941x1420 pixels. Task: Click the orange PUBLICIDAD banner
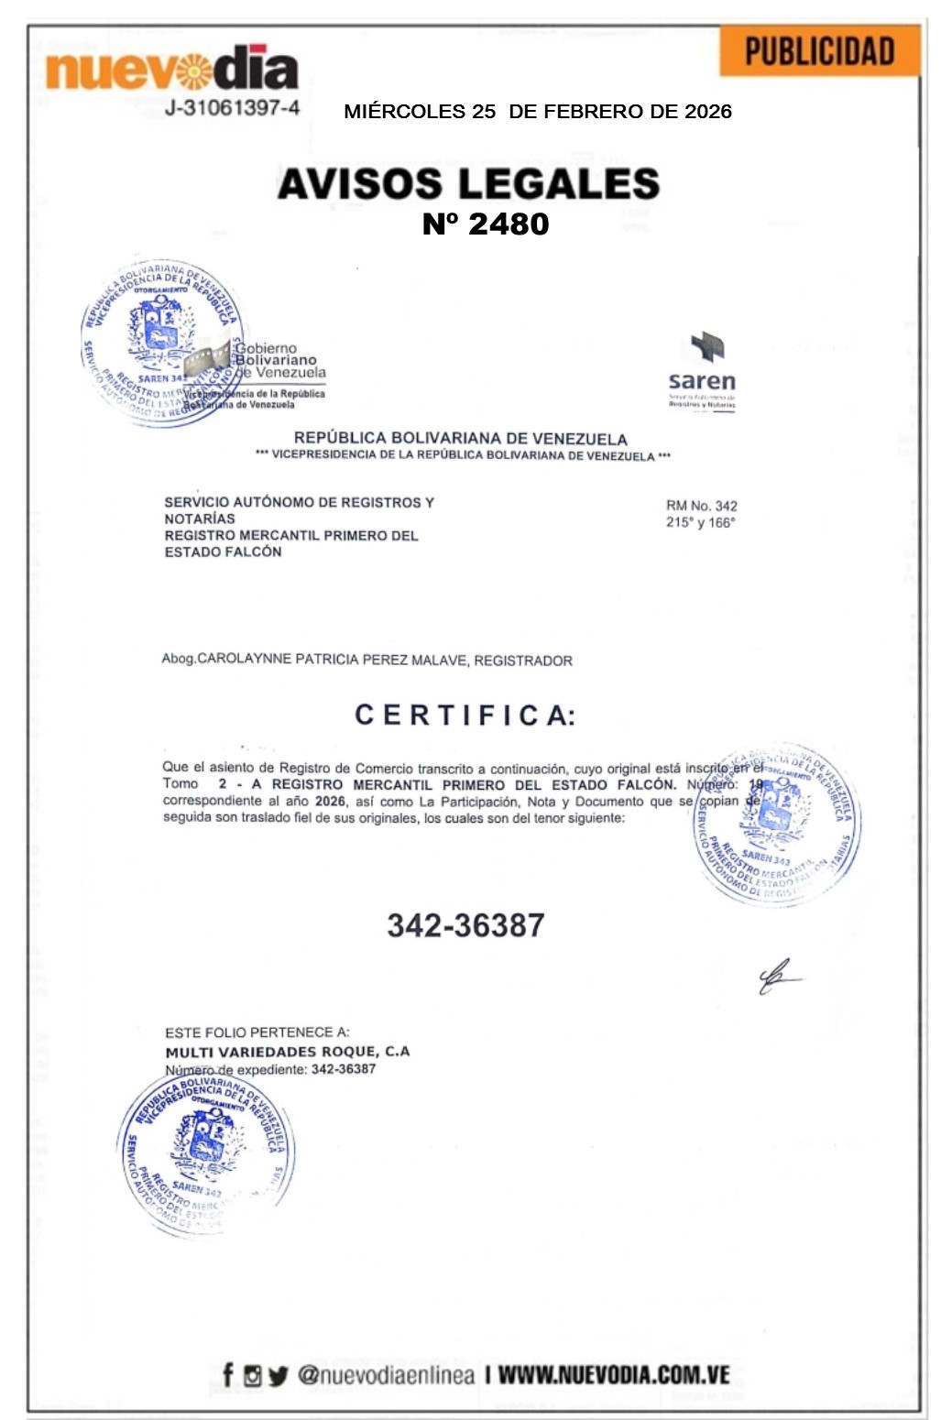pos(819,52)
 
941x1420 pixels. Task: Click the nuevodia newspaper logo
pos(171,70)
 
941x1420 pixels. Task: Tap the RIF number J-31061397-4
pos(232,108)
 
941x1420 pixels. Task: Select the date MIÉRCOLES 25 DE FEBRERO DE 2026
pos(538,112)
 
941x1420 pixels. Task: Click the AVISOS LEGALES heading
pos(468,183)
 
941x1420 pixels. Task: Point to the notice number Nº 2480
pos(486,224)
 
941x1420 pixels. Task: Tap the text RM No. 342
pos(701,506)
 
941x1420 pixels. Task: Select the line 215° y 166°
pos(700,522)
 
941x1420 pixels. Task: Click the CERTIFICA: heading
pos(465,715)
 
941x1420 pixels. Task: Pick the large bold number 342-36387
pos(465,925)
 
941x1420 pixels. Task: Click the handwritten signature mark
pos(777,978)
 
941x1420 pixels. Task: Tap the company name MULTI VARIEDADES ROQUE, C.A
pos(287,1052)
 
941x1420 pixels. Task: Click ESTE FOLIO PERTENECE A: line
pos(257,1032)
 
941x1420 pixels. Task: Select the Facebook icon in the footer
pos(228,1375)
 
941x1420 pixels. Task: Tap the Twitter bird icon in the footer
pos(279,1376)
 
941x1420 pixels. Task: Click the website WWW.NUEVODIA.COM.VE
pos(614,1375)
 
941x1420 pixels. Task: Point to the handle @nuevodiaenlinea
pos(386,1375)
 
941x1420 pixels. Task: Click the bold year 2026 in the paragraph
pos(330,802)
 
